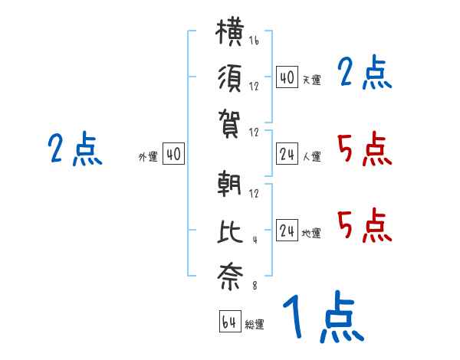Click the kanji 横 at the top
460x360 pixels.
(229, 31)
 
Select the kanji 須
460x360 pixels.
(230, 78)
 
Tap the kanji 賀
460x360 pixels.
(229, 124)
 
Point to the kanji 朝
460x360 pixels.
(229, 184)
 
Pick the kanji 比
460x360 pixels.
(230, 231)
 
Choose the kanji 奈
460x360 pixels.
(230, 277)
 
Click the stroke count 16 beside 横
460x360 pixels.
(254, 41)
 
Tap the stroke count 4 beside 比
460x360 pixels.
(255, 240)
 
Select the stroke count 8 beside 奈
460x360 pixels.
(255, 286)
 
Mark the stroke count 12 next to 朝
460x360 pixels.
(254, 194)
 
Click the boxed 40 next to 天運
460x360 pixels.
(287, 77)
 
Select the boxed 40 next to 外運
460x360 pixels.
(173, 153)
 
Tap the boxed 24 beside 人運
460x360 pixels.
(287, 153)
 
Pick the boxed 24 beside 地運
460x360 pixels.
(287, 230)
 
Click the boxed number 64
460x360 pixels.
(230, 321)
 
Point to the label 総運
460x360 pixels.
(255, 325)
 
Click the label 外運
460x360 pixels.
(148, 157)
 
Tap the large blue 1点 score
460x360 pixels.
(324, 316)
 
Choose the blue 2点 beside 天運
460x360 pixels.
(365, 72)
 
